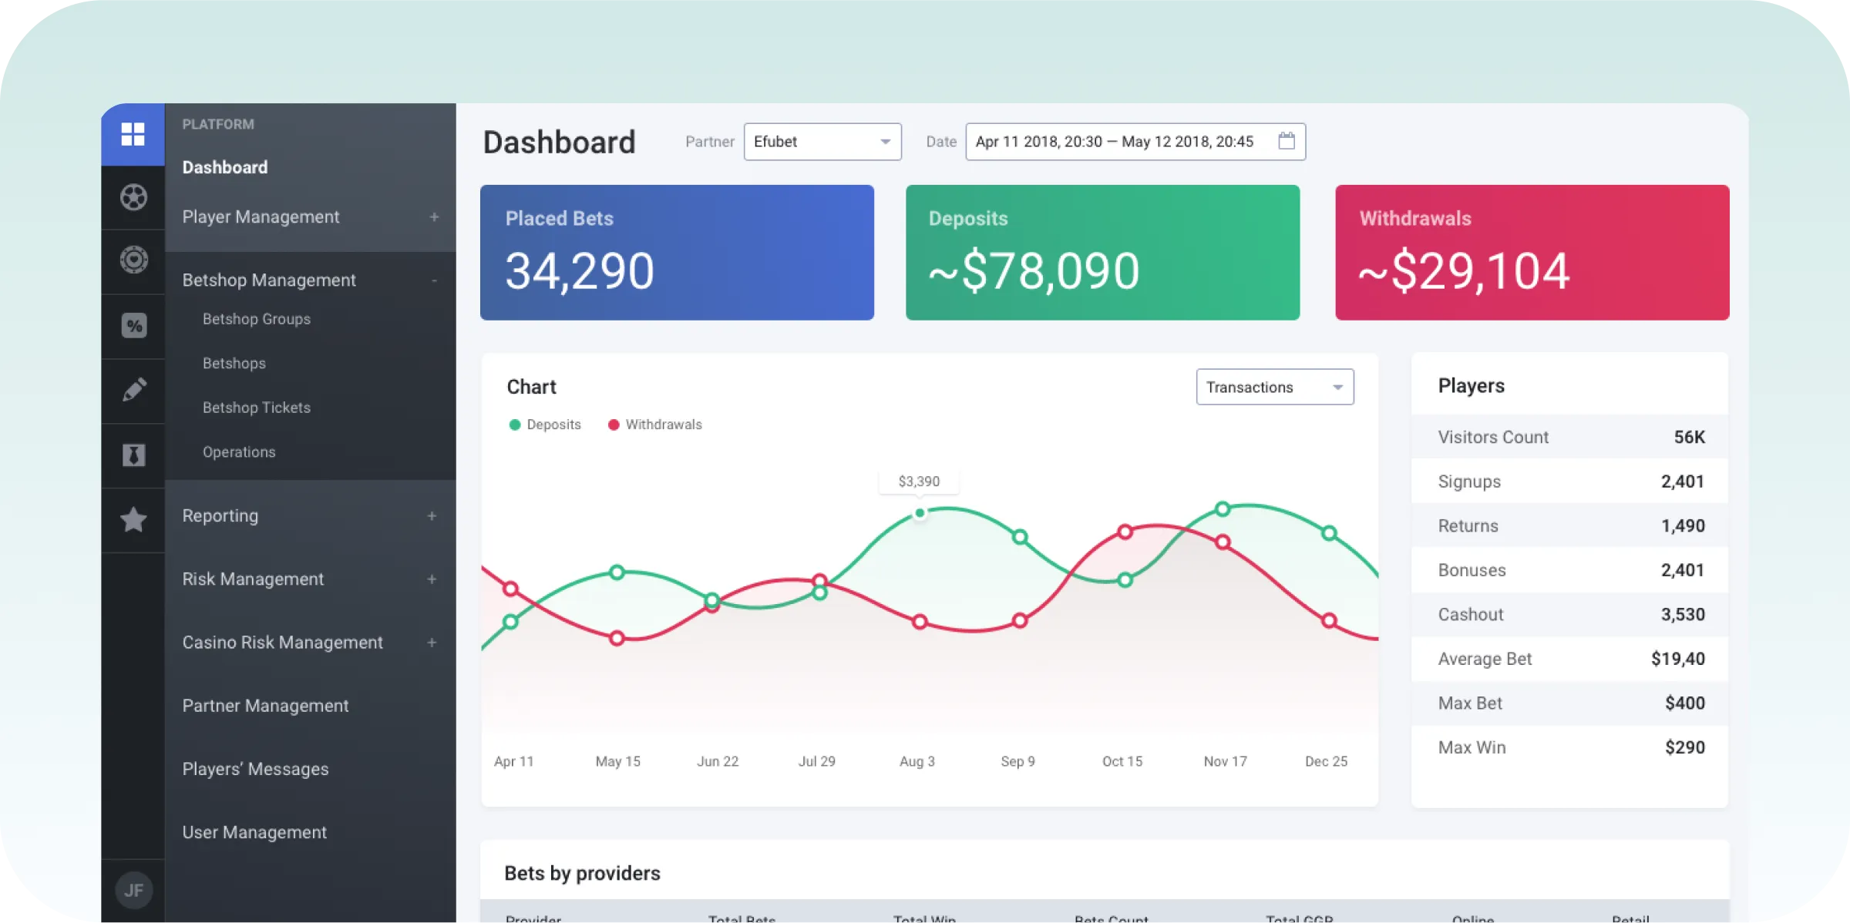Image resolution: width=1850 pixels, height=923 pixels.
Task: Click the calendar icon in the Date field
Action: coord(1286,141)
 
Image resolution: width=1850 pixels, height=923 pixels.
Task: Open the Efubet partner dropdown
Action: coord(822,142)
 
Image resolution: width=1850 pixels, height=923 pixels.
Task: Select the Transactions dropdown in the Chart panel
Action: coord(1274,387)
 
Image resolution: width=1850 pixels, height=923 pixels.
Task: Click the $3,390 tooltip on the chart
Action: coord(919,482)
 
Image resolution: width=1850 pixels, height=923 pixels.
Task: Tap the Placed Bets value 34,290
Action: coord(580,271)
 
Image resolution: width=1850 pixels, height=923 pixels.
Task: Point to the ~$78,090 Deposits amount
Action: coord(1034,271)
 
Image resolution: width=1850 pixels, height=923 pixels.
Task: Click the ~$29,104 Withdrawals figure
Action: coord(1463,271)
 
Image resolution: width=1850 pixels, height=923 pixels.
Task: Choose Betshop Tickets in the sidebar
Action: coord(257,408)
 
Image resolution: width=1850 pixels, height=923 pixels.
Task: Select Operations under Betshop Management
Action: coord(239,452)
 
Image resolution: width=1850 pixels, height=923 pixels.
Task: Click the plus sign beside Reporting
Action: coord(432,516)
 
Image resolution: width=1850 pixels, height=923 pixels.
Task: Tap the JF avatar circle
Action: coord(133,891)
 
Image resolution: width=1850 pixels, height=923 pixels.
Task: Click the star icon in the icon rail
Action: coord(133,520)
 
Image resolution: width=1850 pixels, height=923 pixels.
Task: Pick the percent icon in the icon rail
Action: coord(133,326)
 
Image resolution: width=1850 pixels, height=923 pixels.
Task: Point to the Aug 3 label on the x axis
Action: coord(917,761)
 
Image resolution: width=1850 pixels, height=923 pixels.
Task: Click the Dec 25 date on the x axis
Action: coord(1326,761)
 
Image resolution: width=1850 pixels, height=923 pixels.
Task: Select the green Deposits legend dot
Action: coord(515,425)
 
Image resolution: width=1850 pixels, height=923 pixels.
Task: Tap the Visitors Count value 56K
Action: coord(1689,437)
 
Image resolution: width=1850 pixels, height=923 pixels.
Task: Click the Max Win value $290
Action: coord(1684,747)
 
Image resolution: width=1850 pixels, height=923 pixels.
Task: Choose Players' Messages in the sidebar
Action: coord(255,769)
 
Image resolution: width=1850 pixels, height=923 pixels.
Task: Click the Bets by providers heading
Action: coord(582,873)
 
